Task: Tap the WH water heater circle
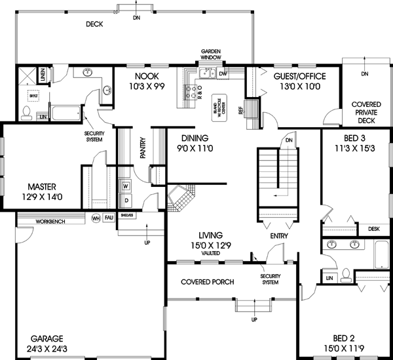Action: pos(96,218)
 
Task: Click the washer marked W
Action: pos(126,186)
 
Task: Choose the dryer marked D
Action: pos(126,200)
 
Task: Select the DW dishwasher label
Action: pos(223,74)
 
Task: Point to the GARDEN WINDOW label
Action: pos(211,54)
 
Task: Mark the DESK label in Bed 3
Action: pos(373,229)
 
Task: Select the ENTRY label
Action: pos(279,235)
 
